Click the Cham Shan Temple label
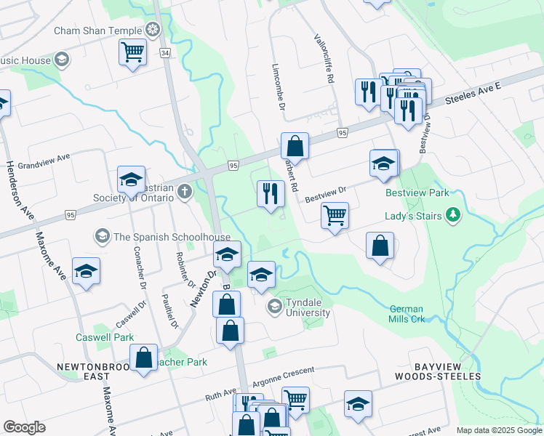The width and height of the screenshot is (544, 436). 99,31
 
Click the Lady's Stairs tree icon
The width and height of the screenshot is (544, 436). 454,214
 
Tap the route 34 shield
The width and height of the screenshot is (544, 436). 165,53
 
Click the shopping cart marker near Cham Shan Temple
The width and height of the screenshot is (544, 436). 132,51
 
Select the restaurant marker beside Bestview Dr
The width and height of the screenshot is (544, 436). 270,194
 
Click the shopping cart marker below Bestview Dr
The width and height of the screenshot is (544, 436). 335,215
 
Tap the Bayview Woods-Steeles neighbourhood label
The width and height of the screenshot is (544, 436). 438,371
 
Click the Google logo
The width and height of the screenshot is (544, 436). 24,427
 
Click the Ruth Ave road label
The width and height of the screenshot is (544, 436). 220,396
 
